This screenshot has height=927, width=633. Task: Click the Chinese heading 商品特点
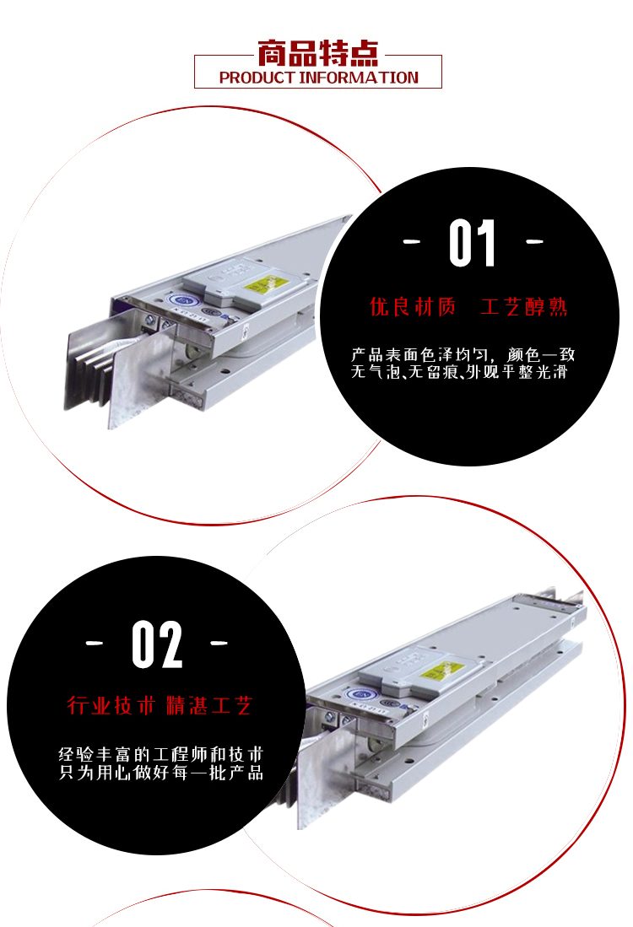click(x=317, y=53)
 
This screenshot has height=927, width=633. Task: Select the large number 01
click(x=472, y=243)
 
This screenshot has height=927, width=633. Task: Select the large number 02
click(x=157, y=644)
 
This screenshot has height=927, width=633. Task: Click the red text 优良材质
click(x=413, y=307)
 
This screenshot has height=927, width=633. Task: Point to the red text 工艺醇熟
click(x=523, y=307)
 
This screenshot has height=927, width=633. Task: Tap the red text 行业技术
click(x=111, y=705)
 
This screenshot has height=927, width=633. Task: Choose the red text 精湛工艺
click(x=209, y=705)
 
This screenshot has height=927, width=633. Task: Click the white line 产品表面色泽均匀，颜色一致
click(x=463, y=355)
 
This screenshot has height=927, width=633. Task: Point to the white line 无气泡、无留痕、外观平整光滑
click(x=459, y=372)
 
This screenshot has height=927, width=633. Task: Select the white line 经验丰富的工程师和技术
click(x=161, y=754)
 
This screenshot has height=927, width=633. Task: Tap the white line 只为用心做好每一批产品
click(x=161, y=772)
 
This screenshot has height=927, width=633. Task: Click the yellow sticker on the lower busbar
click(x=436, y=671)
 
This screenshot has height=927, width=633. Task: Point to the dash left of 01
click(x=412, y=241)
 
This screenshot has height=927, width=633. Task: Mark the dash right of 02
click(x=219, y=643)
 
